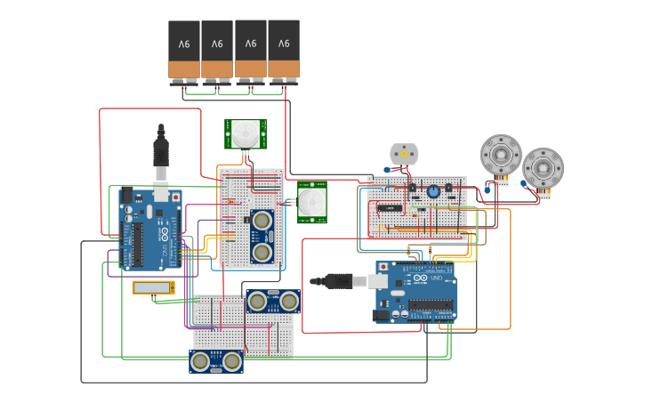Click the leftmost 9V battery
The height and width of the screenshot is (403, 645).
(184, 51)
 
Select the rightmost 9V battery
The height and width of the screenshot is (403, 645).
(284, 50)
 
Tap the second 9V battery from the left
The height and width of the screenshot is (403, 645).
(217, 51)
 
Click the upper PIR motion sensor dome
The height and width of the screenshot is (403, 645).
(243, 134)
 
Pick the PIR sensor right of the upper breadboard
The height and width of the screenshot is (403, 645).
(311, 203)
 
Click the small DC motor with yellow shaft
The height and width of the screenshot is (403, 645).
(403, 155)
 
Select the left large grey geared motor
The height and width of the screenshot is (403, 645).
(500, 156)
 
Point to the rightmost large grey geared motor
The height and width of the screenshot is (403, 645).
(543, 168)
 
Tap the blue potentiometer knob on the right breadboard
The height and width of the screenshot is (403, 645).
(434, 191)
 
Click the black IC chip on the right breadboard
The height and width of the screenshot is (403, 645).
(389, 208)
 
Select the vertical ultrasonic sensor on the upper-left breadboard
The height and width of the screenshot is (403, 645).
(262, 236)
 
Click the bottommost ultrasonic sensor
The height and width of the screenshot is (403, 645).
(216, 361)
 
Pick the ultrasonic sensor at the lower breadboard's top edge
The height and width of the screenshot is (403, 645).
(273, 301)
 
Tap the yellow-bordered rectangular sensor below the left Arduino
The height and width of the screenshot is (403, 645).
(153, 287)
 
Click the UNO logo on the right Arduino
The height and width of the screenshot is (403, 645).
(436, 278)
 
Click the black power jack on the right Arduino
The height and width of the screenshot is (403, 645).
(381, 314)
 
